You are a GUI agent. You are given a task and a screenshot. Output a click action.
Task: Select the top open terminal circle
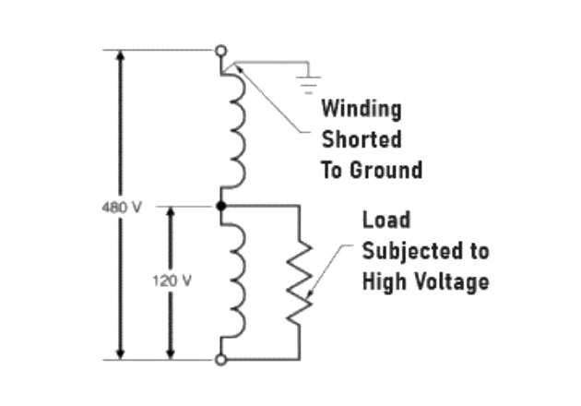(220, 51)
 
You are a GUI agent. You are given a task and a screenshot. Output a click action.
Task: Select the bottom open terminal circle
(220, 359)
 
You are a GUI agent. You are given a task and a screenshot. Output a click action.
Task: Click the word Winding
(361, 110)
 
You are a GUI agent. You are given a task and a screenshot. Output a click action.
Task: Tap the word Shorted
(361, 140)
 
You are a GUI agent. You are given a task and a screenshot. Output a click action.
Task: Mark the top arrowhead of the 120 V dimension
(170, 212)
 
